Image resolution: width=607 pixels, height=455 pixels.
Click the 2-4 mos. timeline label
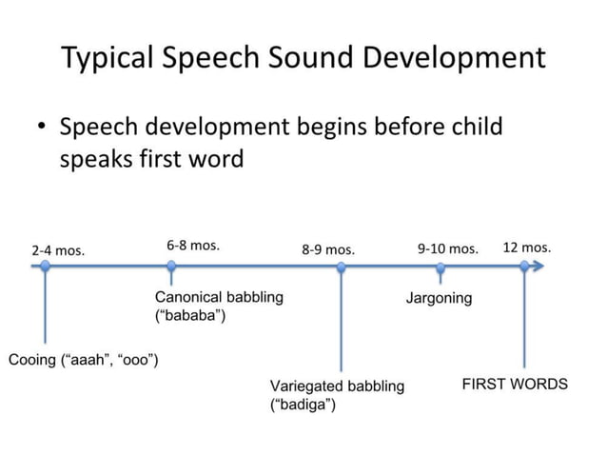[58, 251]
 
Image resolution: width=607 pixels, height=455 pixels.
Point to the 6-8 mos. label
[193, 245]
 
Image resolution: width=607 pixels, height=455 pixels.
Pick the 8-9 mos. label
[328, 250]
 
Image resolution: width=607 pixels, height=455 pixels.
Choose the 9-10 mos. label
[447, 248]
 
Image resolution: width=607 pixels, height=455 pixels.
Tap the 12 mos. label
[526, 247]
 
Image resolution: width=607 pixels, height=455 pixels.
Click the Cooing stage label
[83, 360]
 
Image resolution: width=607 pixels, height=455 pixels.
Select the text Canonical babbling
[219, 297]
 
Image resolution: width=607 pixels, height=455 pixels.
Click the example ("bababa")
[190, 315]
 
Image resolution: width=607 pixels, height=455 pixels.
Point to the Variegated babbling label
[337, 386]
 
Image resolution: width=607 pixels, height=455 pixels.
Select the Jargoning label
[439, 298]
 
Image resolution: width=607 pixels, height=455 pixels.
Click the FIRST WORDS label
[515, 385]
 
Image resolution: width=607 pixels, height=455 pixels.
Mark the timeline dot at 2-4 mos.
[45, 267]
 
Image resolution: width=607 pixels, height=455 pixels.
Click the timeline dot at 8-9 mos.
[342, 267]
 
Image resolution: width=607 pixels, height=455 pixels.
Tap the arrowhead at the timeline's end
[541, 267]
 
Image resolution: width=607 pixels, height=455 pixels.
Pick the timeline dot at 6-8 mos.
[171, 267]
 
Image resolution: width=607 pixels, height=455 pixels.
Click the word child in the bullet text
[469, 127]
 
